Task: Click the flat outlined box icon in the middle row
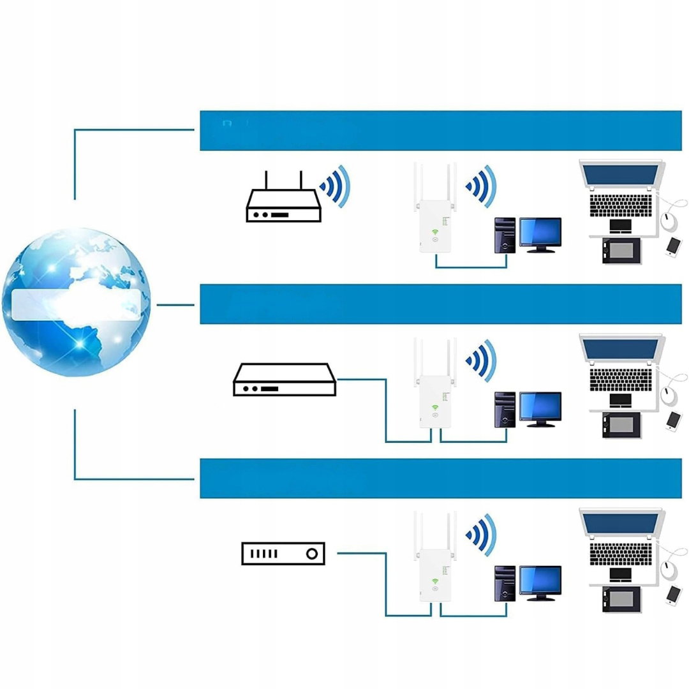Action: (285, 380)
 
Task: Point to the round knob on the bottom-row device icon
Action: (311, 553)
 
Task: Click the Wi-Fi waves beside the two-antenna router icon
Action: (336, 186)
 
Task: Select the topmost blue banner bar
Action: (440, 131)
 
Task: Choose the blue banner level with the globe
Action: (440, 304)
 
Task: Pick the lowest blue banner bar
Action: (440, 478)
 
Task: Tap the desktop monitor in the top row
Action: (540, 232)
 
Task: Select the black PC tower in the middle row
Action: (505, 410)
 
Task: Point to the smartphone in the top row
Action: (672, 246)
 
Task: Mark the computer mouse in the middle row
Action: (669, 395)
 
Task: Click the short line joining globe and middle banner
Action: (175, 304)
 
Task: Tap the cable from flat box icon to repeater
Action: (386, 408)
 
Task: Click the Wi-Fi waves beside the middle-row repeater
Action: (482, 360)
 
